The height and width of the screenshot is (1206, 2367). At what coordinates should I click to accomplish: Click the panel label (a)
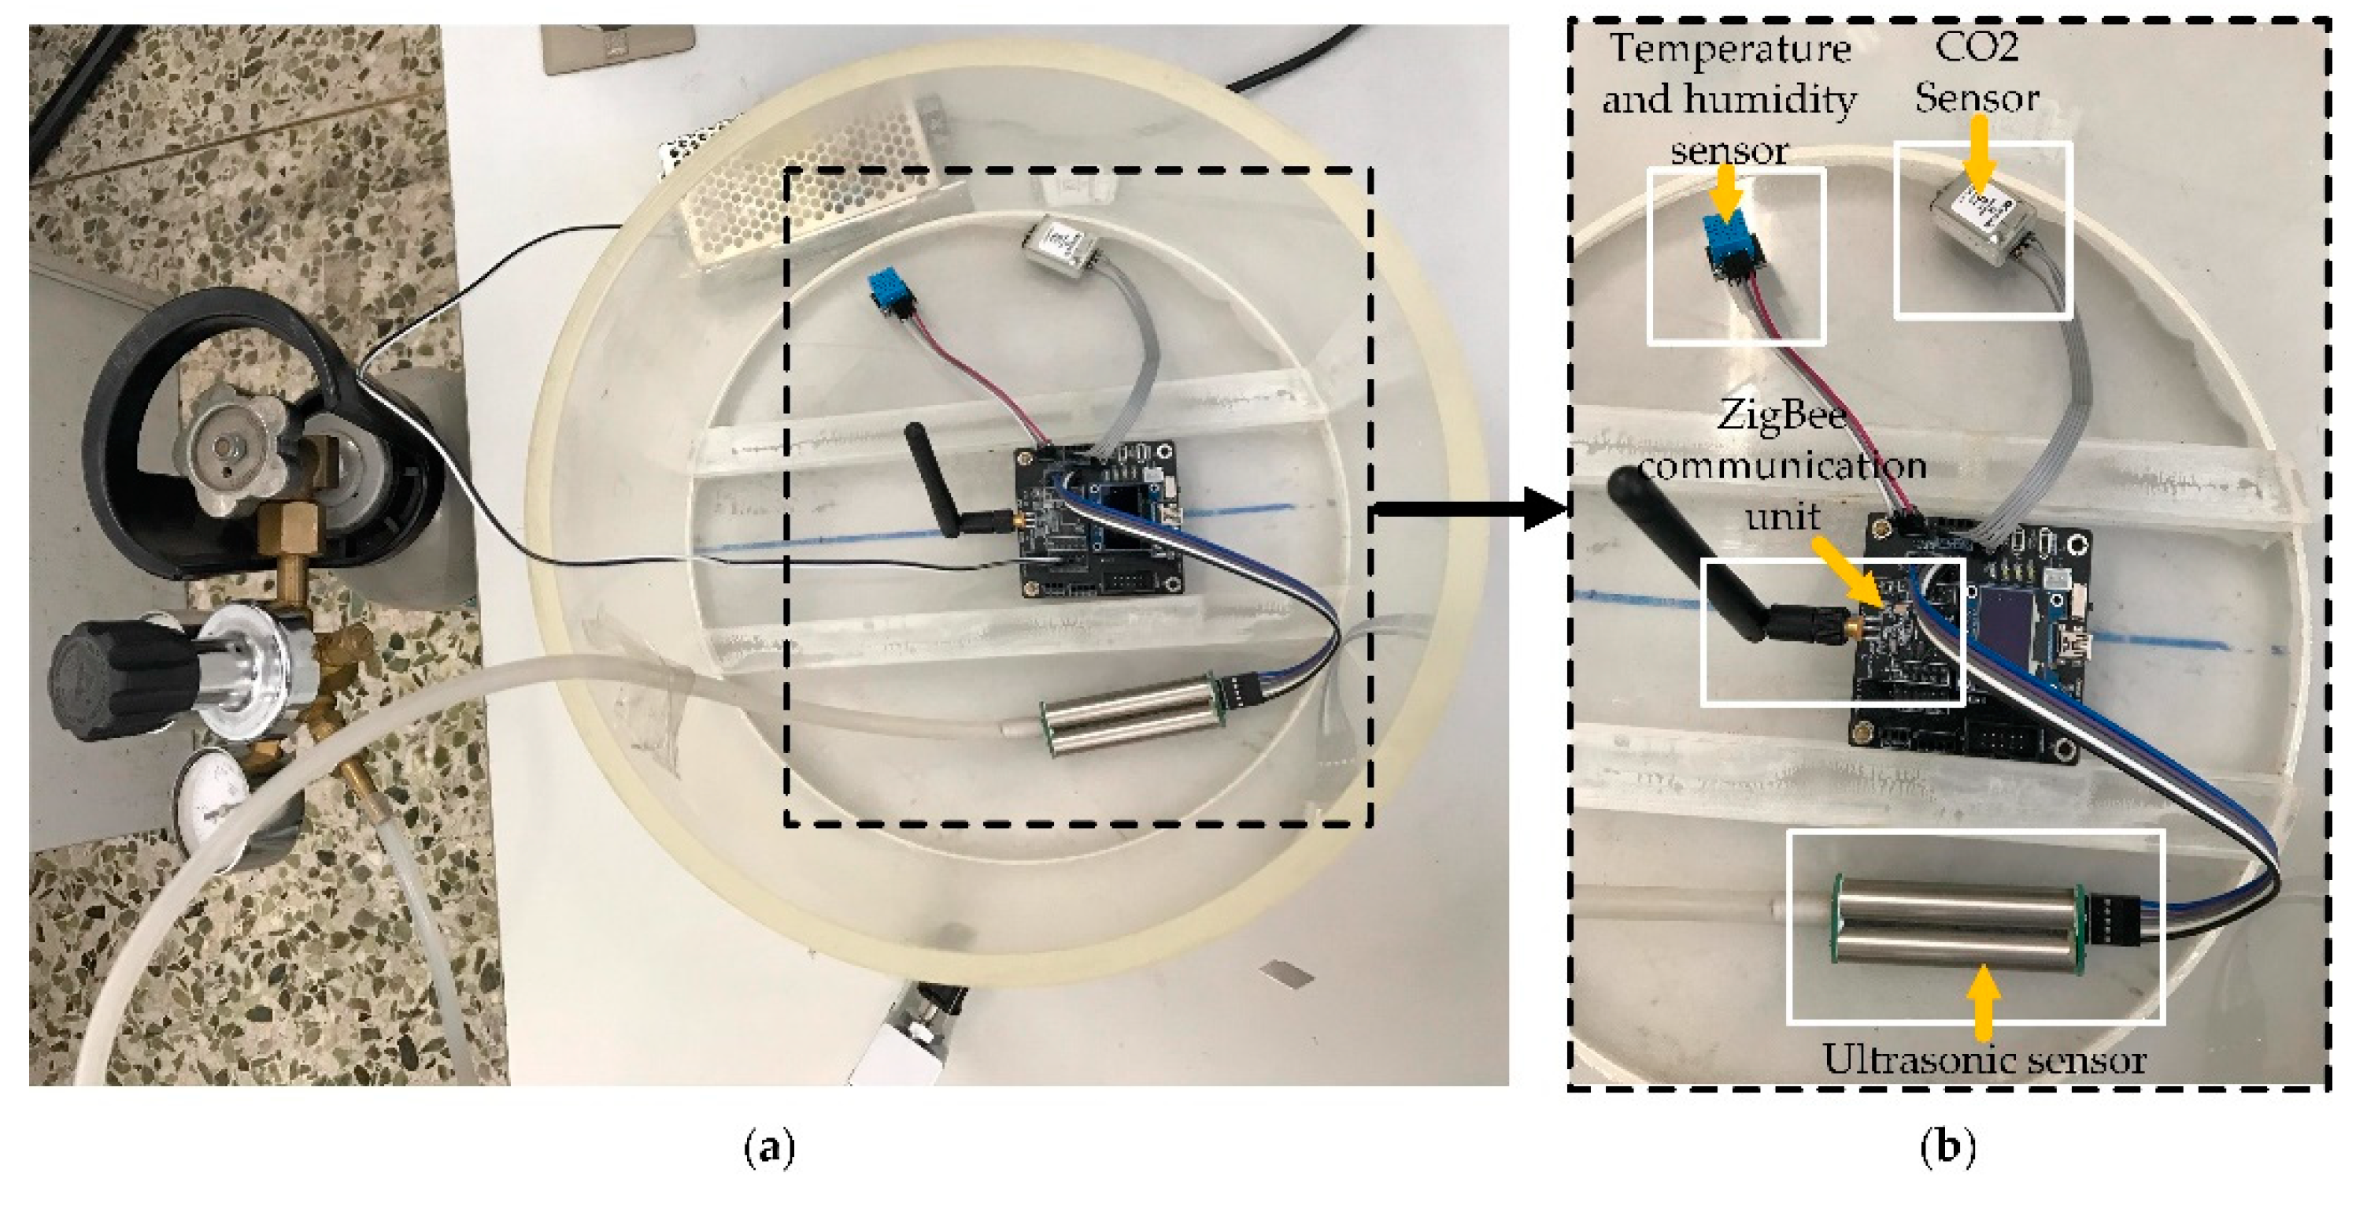768,1147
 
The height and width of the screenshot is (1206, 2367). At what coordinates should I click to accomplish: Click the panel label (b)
1948,1147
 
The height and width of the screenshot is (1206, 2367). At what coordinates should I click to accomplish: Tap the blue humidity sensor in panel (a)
890,292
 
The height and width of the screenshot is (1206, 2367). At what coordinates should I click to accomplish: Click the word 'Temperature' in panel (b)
1729,48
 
